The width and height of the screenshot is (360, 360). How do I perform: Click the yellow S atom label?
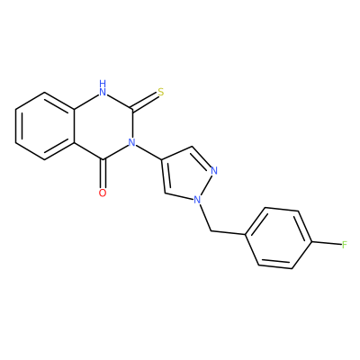(161, 92)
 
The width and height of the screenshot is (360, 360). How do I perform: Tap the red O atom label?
(103, 193)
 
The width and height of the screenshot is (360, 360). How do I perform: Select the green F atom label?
(345, 245)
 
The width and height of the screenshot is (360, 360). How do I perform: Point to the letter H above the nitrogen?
(103, 83)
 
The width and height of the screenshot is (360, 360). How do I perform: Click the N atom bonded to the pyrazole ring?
(131, 142)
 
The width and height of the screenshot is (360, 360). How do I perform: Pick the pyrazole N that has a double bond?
(214, 171)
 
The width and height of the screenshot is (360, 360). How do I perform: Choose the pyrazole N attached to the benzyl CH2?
(197, 200)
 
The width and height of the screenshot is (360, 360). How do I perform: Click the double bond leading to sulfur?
(145, 101)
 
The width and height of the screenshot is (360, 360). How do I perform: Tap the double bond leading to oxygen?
(103, 174)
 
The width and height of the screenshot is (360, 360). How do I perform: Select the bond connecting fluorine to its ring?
(327, 243)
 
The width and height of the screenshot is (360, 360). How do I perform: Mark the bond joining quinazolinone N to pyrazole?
(148, 151)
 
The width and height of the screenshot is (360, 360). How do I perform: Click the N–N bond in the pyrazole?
(205, 185)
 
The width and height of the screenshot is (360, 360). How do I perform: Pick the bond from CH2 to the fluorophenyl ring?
(229, 232)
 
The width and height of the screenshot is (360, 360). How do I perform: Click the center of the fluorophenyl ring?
(279, 238)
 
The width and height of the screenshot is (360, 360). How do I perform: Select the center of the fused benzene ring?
(45, 126)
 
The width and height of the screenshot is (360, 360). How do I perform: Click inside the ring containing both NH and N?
(103, 126)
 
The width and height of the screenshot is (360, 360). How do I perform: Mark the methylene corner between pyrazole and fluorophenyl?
(211, 231)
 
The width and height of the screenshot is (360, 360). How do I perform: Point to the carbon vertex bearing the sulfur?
(132, 109)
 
